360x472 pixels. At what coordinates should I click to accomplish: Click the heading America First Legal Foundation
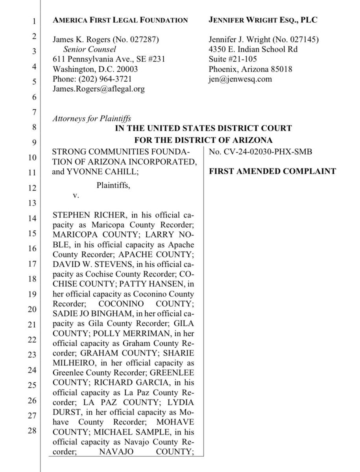pos(120,20)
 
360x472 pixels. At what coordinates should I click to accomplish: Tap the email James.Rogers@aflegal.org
pos(98,89)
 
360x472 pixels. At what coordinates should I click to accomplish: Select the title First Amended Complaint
pos(272,171)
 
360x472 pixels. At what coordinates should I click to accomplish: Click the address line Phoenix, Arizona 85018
pos(249,69)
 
